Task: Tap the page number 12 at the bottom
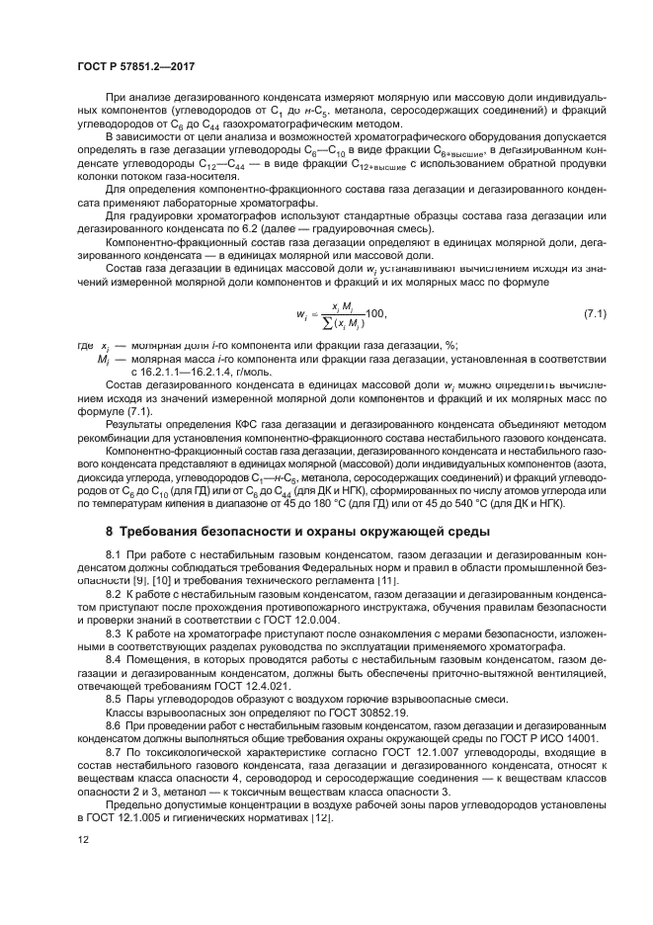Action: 84,870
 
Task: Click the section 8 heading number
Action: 111,532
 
